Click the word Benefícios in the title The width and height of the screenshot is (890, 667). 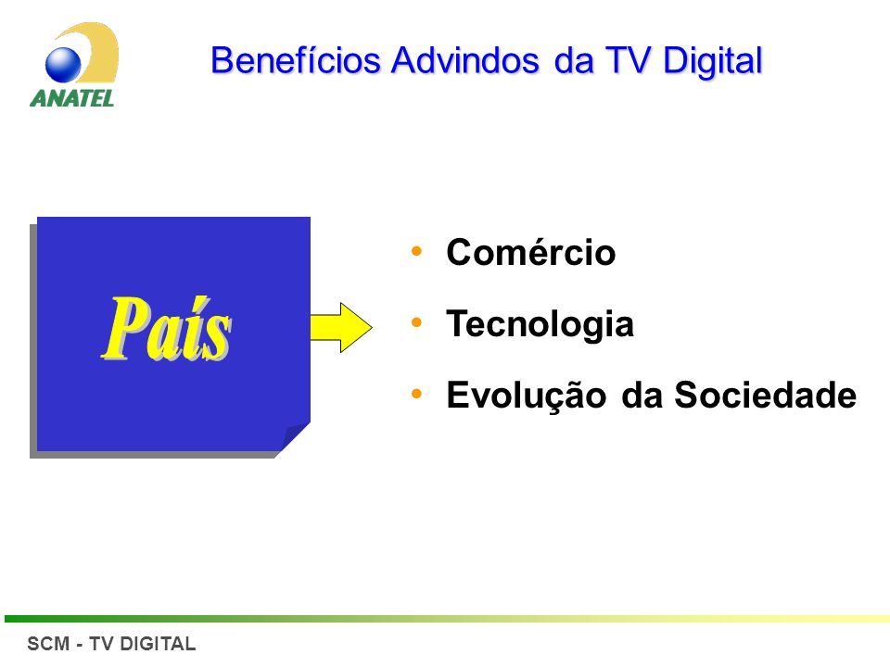[x=295, y=60]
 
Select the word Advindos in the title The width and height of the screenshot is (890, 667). [x=464, y=60]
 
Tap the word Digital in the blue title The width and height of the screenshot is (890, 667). [x=712, y=62]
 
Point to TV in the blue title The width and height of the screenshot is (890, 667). [x=628, y=60]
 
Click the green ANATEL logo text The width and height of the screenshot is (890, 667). [x=72, y=98]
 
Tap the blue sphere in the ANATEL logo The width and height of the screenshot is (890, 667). [x=63, y=64]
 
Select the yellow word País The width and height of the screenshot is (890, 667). [x=166, y=329]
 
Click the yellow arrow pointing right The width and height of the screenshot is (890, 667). [x=341, y=327]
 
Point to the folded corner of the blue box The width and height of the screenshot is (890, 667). [x=294, y=437]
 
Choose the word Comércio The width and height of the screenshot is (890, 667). [x=530, y=252]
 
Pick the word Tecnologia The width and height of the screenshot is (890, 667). [x=540, y=324]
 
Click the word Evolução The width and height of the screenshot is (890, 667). [x=527, y=396]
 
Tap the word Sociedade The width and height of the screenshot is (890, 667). [x=765, y=395]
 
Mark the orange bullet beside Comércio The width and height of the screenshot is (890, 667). [x=416, y=251]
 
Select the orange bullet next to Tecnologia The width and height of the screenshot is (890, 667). [x=416, y=322]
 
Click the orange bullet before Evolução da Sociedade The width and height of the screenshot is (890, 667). [x=416, y=394]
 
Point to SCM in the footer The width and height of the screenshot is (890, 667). [x=48, y=644]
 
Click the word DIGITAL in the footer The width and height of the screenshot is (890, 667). [x=158, y=644]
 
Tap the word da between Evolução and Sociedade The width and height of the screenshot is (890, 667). [x=642, y=395]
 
